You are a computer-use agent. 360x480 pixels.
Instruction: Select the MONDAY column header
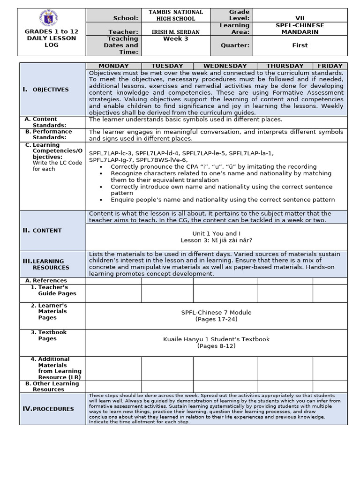tap(113, 66)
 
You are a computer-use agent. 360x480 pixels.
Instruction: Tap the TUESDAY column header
tap(167, 66)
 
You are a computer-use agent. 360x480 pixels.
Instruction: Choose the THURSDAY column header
tap(285, 66)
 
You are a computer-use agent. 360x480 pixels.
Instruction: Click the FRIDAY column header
tap(330, 66)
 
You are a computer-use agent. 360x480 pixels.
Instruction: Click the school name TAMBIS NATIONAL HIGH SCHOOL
tap(176, 15)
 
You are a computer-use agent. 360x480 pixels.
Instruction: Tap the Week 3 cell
tap(176, 39)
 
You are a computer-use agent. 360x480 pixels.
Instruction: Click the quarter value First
tap(300, 45)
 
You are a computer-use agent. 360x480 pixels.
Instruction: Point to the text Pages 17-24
tap(217, 319)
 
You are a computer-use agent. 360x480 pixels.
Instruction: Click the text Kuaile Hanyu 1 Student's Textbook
tap(217, 339)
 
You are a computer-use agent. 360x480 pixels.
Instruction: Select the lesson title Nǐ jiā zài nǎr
tap(217, 240)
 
